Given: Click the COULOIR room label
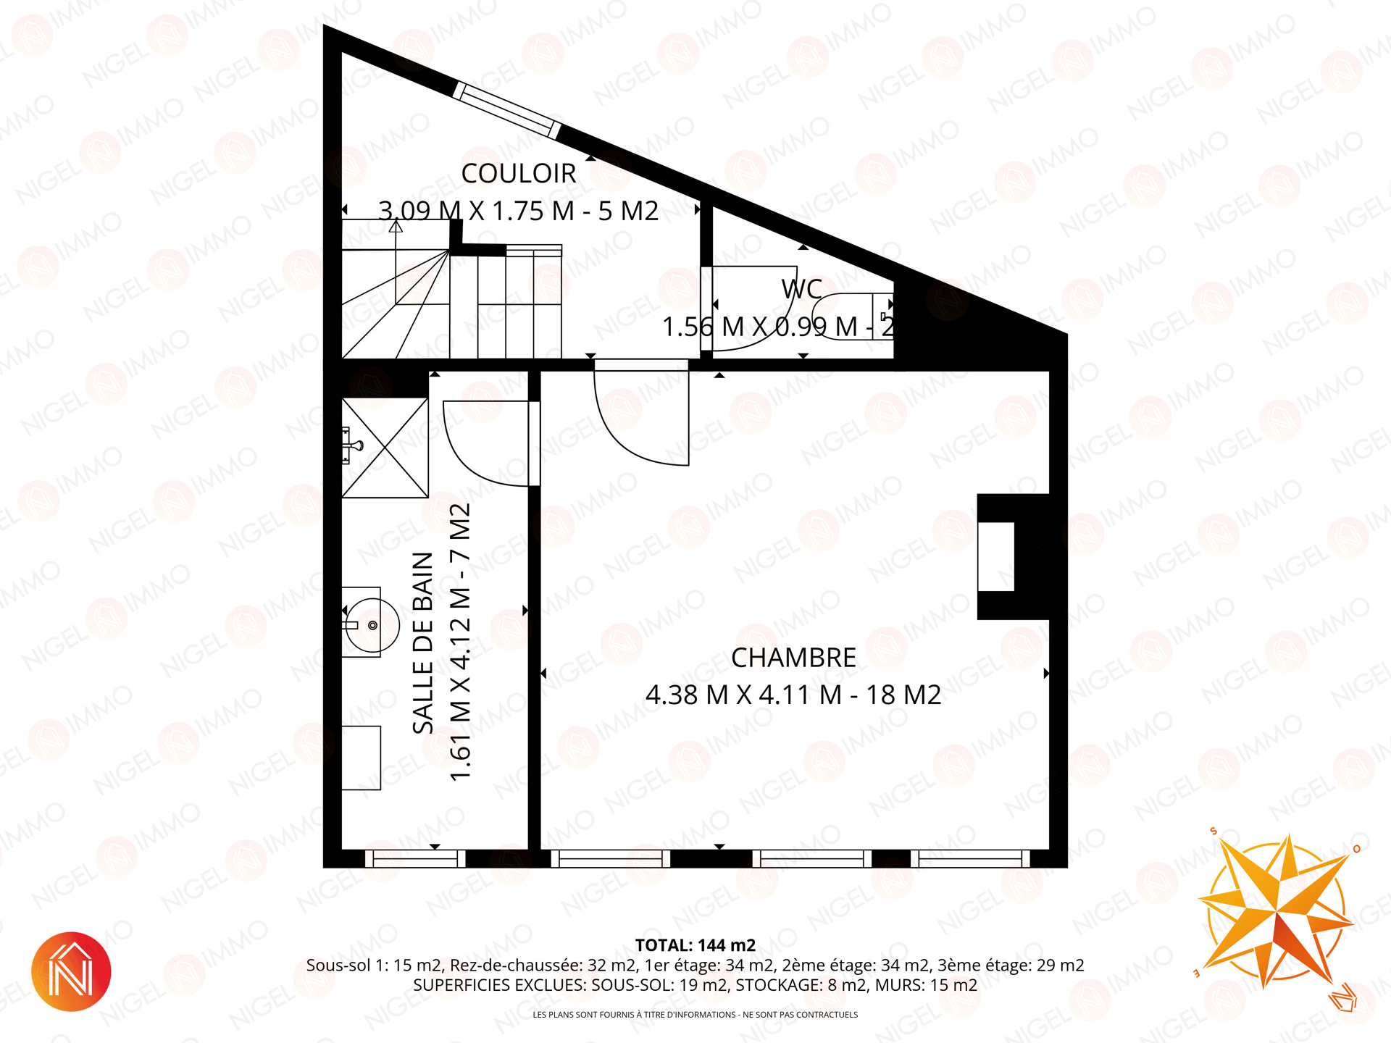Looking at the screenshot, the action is tap(519, 174).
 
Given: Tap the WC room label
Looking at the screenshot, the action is tap(801, 290).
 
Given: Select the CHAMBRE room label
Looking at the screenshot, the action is tap(793, 658).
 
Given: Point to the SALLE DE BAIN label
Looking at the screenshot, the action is tap(423, 642).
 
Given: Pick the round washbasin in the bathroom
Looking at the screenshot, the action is tap(372, 624).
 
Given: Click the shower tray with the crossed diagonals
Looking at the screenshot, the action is tap(385, 448).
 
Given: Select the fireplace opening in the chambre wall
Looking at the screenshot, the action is tap(996, 556).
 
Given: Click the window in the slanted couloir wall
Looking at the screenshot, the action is tap(507, 110).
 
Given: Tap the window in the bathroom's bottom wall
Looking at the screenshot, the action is tap(415, 858).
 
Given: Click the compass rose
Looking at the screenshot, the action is tap(1276, 913).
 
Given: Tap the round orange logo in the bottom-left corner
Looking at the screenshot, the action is tap(71, 971).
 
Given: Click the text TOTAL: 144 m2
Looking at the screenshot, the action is tap(695, 945).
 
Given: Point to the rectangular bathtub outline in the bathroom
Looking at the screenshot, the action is tap(362, 758).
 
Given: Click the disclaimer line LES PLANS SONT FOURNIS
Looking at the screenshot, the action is tap(695, 1015).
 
